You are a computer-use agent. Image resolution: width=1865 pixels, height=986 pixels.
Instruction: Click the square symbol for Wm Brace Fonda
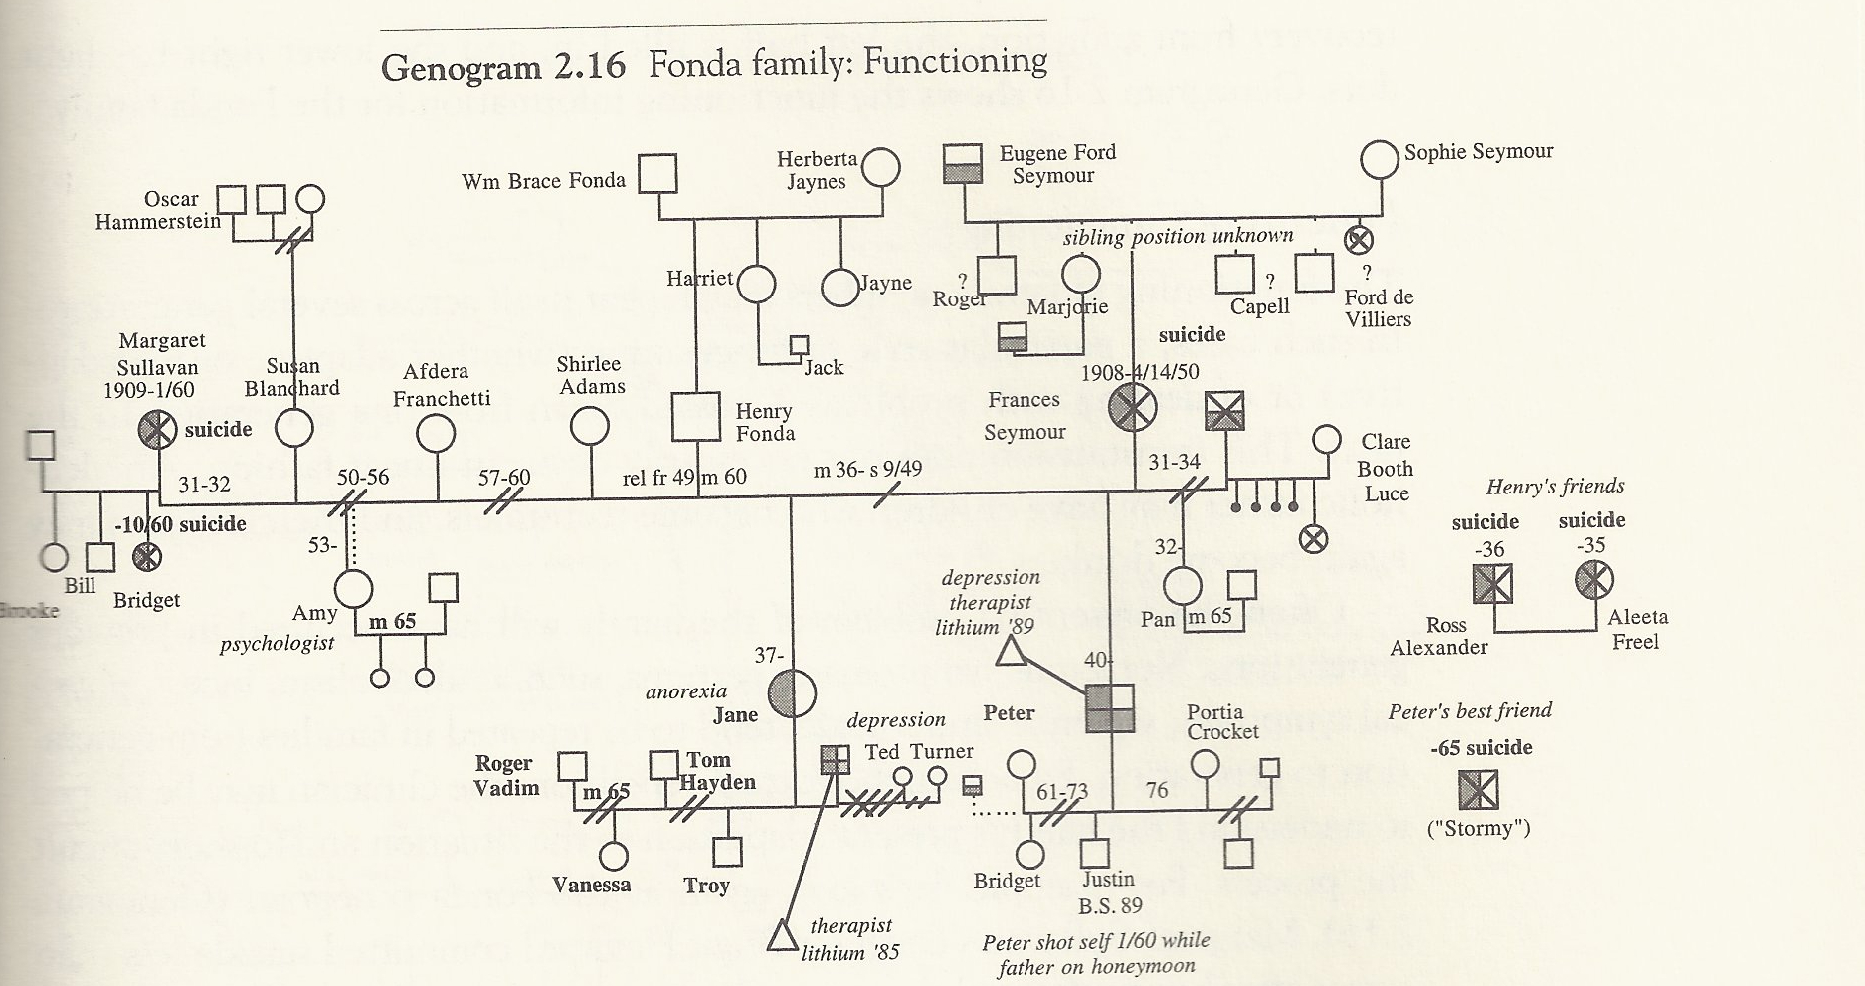(x=656, y=174)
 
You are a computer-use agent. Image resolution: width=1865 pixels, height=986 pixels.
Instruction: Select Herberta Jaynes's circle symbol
(x=881, y=167)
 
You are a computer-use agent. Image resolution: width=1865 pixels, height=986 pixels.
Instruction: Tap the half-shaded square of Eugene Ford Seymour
(x=962, y=163)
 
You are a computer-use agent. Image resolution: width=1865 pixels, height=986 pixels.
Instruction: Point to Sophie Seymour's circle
(x=1380, y=158)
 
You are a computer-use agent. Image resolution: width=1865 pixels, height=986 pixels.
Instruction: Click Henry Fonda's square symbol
(x=694, y=415)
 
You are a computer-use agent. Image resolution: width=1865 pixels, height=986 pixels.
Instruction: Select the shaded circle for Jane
(x=792, y=692)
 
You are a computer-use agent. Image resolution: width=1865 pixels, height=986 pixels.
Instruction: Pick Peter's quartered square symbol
(x=1109, y=708)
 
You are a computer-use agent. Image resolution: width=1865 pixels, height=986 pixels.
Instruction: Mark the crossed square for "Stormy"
(x=1478, y=791)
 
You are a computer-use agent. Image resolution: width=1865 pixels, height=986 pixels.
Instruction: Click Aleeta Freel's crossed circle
(x=1593, y=580)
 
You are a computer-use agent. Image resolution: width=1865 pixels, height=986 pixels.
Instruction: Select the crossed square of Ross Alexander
(x=1492, y=584)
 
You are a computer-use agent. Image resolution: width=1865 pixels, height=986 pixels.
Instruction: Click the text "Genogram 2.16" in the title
(x=503, y=66)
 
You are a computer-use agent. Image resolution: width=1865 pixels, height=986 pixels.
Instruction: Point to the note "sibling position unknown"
(x=1178, y=237)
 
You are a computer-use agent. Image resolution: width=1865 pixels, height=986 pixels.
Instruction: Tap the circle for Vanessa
(x=614, y=855)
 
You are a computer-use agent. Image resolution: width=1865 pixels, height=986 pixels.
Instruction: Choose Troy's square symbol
(x=728, y=852)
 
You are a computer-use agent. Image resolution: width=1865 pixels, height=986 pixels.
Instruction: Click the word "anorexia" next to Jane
(x=686, y=690)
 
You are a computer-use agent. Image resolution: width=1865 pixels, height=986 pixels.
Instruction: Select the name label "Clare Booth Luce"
(x=1385, y=468)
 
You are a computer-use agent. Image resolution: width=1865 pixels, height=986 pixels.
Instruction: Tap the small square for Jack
(x=799, y=345)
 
